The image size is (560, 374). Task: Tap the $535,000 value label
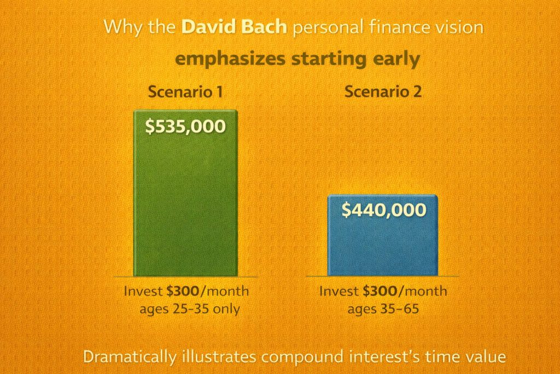[x=185, y=126]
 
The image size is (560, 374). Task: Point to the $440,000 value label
[x=383, y=210]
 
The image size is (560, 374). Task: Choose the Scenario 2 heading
[x=383, y=92]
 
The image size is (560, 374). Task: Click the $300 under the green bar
[x=173, y=291]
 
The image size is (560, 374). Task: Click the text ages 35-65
[x=383, y=308]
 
